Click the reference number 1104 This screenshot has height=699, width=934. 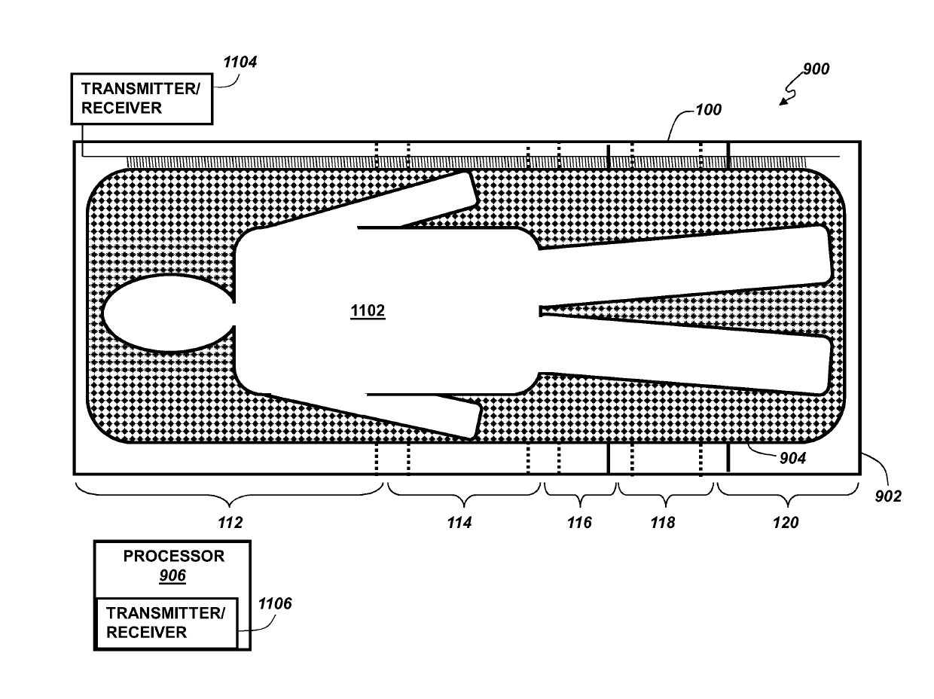coord(240,63)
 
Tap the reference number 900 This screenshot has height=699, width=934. coord(813,69)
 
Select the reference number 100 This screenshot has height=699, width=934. coord(707,110)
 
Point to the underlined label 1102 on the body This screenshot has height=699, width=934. coord(368,311)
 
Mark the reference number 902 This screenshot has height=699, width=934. coord(886,496)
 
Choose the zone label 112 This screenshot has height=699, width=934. coord(230,523)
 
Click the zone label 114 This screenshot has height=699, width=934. coord(459,523)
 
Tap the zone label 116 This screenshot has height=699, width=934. coord(579,523)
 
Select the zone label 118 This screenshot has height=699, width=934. coord(663,523)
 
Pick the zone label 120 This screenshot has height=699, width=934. coord(785,523)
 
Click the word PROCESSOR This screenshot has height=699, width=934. coord(174,557)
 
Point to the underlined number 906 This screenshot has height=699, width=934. coord(172,576)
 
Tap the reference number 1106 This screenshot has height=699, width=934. coord(275,603)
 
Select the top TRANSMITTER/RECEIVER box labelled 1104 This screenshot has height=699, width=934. coord(141,99)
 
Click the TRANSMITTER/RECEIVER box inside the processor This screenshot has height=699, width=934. coord(166,623)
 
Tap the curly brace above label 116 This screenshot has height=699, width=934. coord(579,494)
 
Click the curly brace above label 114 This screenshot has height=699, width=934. coord(463,494)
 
